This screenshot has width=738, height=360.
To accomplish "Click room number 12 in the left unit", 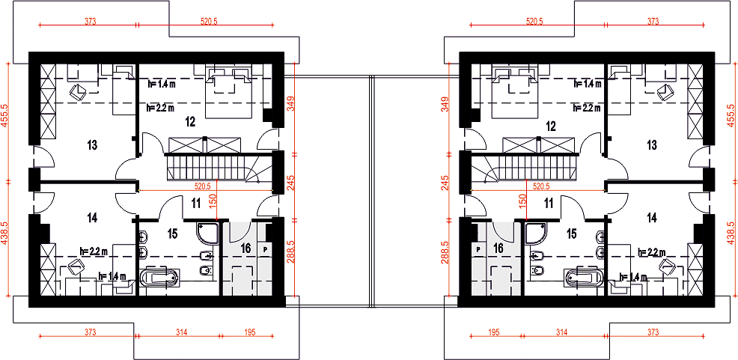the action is click(x=190, y=122).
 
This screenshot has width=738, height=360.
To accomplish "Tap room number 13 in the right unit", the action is click(x=652, y=145).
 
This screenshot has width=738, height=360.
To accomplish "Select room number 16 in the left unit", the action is click(x=246, y=248).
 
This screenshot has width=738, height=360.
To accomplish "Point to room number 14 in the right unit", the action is click(x=652, y=218).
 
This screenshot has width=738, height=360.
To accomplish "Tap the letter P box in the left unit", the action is click(x=266, y=249).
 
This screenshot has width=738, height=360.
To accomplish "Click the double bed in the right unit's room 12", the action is click(x=514, y=92).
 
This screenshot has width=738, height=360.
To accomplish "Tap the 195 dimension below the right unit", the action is click(x=494, y=332).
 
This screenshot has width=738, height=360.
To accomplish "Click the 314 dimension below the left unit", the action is click(x=182, y=332).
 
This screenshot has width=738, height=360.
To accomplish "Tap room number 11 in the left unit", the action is click(x=196, y=204).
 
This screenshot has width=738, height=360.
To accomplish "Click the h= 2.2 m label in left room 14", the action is click(x=94, y=251).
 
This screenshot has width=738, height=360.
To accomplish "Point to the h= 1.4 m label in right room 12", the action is click(x=587, y=84).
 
